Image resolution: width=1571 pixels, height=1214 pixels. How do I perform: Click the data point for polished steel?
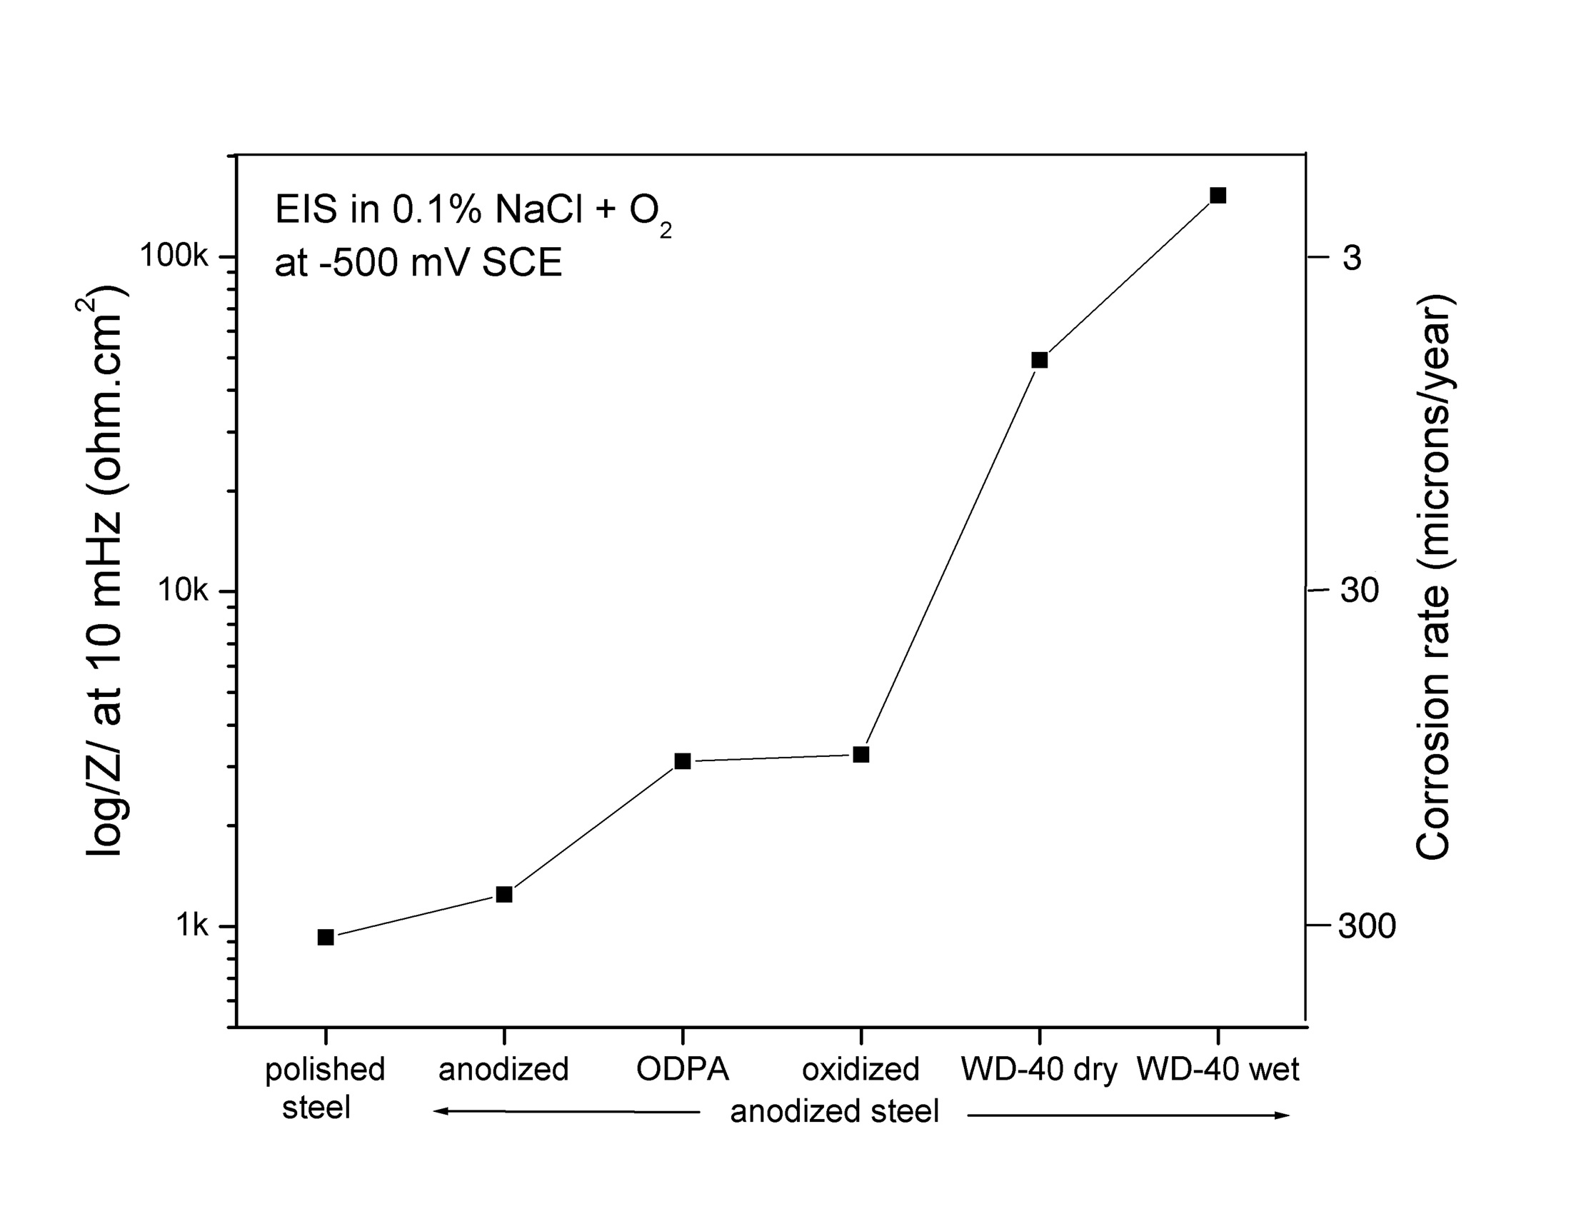[325, 937]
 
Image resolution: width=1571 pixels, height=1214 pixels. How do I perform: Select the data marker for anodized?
[504, 895]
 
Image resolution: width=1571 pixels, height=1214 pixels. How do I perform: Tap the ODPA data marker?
[683, 761]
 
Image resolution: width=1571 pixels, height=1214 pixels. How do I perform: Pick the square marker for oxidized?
[861, 754]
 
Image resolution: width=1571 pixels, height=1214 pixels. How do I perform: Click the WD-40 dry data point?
[1040, 361]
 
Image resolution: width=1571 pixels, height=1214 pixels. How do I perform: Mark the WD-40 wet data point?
[1218, 196]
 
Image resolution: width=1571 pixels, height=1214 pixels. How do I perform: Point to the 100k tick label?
[174, 256]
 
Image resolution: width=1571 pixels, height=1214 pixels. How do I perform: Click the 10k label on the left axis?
[183, 591]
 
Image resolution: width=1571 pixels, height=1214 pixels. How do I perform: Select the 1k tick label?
[192, 925]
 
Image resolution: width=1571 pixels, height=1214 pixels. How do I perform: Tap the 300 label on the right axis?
[1367, 926]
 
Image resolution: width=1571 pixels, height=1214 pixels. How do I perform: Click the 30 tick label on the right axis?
[1360, 591]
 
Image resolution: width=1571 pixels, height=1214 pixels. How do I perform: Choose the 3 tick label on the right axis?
[1352, 258]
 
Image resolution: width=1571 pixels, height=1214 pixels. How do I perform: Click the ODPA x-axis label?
[683, 1070]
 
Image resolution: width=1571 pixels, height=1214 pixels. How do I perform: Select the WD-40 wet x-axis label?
[1218, 1070]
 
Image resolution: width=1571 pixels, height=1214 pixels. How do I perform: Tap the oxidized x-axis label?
[861, 1070]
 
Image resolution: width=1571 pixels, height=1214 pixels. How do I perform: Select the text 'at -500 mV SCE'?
[418, 263]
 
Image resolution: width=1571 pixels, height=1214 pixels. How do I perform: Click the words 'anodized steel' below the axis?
[834, 1112]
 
